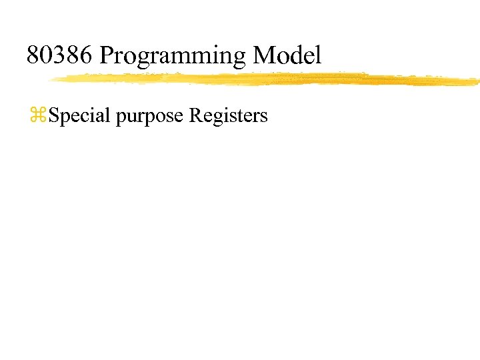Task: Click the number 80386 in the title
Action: tap(60, 55)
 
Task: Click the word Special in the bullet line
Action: tap(80, 116)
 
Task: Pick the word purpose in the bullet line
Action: tap(150, 117)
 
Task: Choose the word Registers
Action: tap(228, 116)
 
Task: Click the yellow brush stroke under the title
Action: tap(267, 79)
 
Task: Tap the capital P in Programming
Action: tap(107, 55)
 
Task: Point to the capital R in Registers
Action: tap(195, 115)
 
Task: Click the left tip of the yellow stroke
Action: tap(52, 81)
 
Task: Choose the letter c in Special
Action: tap(86, 117)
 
